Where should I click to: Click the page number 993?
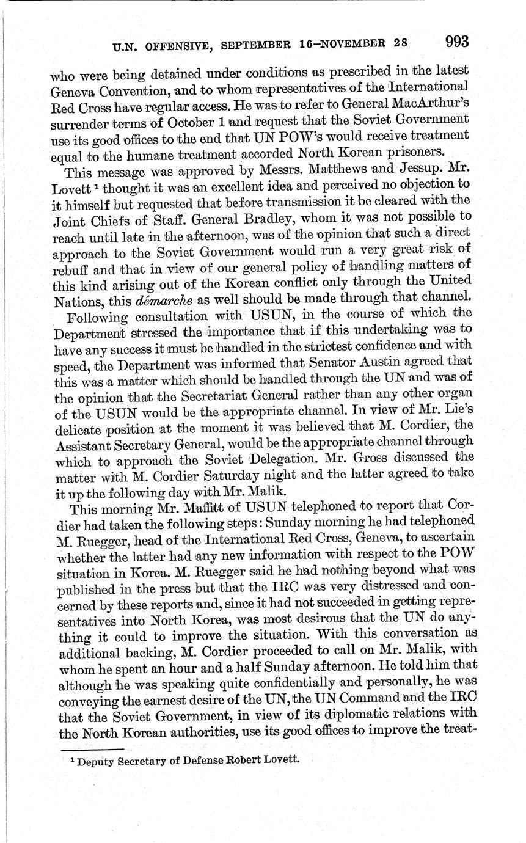point(457,42)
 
